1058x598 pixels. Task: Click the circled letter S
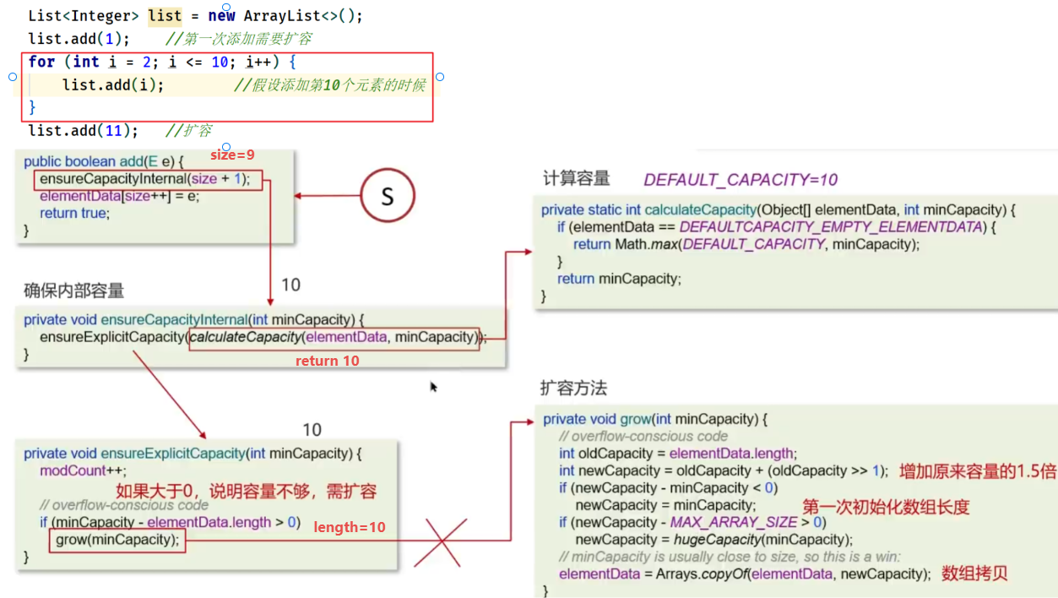click(x=388, y=196)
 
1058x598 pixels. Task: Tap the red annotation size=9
click(x=232, y=155)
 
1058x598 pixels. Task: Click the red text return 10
click(x=327, y=361)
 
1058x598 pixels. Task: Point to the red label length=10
click(x=350, y=527)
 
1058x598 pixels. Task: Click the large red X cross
click(x=455, y=541)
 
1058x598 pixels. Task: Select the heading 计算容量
click(x=576, y=179)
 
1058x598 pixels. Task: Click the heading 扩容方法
click(x=573, y=389)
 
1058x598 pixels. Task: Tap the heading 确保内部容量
click(x=74, y=291)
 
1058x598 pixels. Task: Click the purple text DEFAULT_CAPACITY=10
click(x=741, y=180)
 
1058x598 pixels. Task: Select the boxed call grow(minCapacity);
click(x=117, y=540)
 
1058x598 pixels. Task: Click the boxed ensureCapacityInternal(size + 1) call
click(x=149, y=179)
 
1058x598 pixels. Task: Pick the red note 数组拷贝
click(x=974, y=574)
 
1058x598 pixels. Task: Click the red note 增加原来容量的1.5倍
click(x=976, y=471)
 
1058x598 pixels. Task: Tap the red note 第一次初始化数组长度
click(x=886, y=507)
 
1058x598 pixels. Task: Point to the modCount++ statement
click(x=73, y=470)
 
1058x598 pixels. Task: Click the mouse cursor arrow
click(x=433, y=387)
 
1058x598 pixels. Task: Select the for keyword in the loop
click(x=41, y=62)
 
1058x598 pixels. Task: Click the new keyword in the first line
click(x=222, y=16)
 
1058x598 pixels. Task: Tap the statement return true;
click(x=74, y=213)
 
